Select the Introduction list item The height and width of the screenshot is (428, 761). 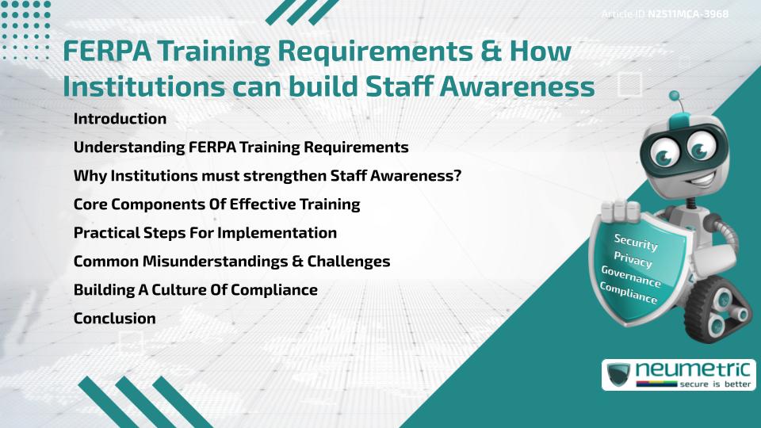tap(120, 119)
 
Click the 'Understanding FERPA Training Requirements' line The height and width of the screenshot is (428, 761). tap(241, 147)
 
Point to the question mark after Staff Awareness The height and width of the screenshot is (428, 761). tap(457, 176)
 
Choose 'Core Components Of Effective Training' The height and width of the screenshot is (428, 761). tap(216, 204)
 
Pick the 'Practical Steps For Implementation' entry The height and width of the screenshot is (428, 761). tap(205, 233)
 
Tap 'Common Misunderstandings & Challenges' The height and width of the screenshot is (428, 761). tap(231, 262)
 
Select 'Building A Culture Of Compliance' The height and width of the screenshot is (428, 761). tap(195, 290)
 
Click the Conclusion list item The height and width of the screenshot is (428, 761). tap(114, 319)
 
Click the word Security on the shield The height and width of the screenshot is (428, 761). tap(636, 242)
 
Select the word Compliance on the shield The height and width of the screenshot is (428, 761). tap(629, 293)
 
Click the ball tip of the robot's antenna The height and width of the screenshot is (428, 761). tap(675, 96)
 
